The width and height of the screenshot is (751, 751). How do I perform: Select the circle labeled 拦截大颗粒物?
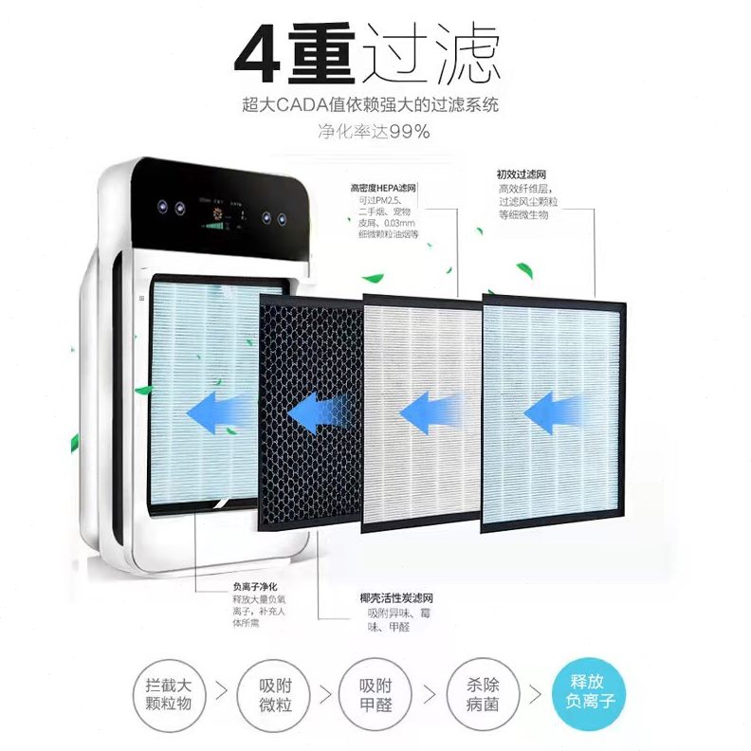pyautogui.click(x=170, y=692)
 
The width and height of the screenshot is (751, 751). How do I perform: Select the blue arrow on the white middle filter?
pyautogui.click(x=431, y=413)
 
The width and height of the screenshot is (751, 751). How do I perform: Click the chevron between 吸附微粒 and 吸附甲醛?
pyautogui.click(x=325, y=693)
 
